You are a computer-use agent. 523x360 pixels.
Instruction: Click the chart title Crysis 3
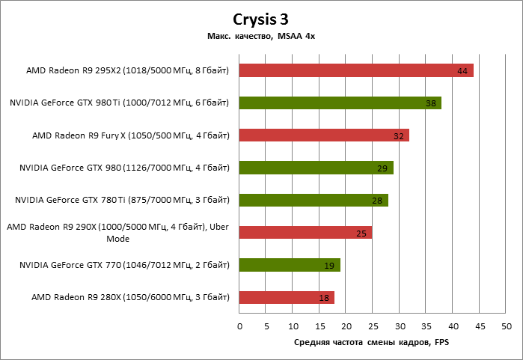[x=261, y=19]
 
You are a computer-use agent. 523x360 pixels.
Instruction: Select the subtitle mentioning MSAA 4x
[x=261, y=36]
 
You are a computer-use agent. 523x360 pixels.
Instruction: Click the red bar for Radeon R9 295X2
[x=356, y=70]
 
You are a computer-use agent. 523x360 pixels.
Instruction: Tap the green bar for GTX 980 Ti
[x=340, y=103]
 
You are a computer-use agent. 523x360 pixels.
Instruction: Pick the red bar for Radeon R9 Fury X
[x=324, y=135]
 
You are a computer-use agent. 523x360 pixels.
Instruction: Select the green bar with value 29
[x=316, y=168]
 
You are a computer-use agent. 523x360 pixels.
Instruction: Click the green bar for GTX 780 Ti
[x=314, y=200]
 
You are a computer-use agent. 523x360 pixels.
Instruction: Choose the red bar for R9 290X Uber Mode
[x=305, y=233]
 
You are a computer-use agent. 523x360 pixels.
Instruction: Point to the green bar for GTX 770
[x=290, y=265]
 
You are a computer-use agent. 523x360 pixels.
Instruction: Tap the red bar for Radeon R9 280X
[x=287, y=297]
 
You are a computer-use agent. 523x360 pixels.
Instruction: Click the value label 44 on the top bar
[x=462, y=71]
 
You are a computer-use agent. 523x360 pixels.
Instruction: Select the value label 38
[x=430, y=103]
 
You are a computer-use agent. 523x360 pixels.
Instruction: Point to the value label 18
[x=324, y=298]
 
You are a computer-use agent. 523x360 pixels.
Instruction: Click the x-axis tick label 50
[x=507, y=326]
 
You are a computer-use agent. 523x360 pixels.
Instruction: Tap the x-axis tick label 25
[x=373, y=326]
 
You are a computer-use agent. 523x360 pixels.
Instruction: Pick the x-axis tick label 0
[x=239, y=326]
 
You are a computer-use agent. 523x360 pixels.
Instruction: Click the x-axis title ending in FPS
[x=373, y=342]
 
